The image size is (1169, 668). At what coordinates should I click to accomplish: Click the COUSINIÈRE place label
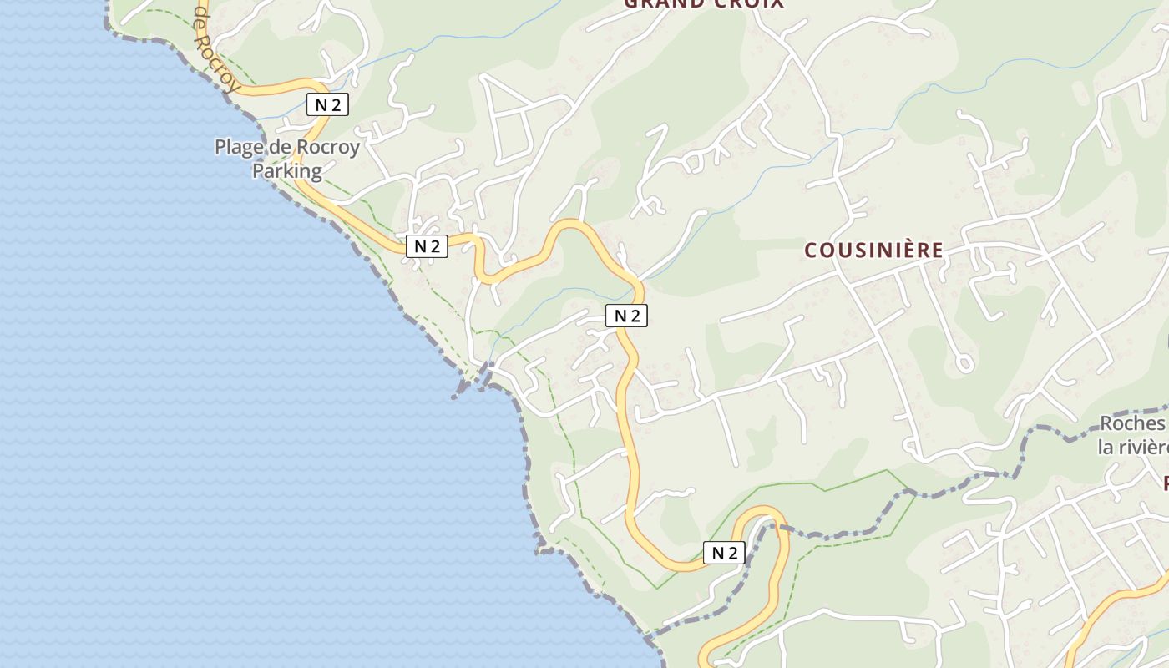coord(874,250)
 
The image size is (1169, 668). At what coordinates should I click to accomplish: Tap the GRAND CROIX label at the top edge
coord(704,3)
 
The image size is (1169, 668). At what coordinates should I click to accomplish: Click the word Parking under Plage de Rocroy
coord(287,171)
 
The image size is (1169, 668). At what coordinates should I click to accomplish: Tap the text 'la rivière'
coord(1133,447)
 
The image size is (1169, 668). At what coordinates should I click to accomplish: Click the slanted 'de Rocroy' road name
coord(216,42)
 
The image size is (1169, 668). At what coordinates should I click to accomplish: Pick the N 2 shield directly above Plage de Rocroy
coord(327,104)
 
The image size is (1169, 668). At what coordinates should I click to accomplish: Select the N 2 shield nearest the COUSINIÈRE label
coord(627,316)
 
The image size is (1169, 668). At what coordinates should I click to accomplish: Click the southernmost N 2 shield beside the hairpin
coord(724,552)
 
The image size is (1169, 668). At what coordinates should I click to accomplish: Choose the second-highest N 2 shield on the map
coord(427,245)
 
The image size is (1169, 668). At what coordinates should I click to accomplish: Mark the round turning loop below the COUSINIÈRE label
coord(964,363)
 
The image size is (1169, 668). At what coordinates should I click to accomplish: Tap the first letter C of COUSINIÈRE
coord(811,250)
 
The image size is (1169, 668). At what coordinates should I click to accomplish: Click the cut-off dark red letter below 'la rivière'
coord(1166,483)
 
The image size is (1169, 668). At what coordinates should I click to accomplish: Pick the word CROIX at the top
coord(749,3)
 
